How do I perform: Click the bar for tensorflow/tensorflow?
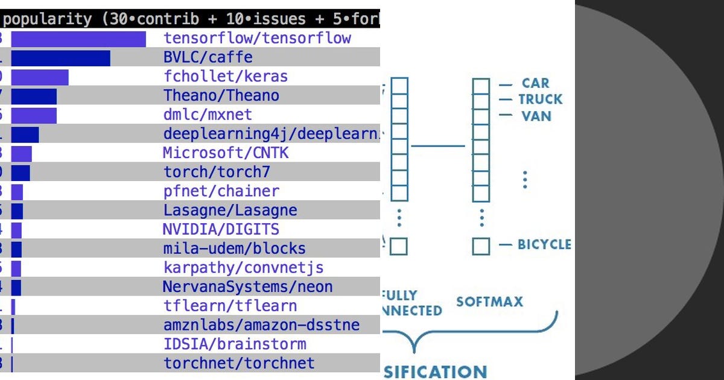[x=78, y=39]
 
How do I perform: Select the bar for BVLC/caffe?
[x=60, y=58]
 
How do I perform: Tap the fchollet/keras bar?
[x=40, y=77]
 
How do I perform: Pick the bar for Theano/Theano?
[x=34, y=96]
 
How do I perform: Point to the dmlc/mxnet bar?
[x=34, y=115]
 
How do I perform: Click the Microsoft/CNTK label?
[x=226, y=153]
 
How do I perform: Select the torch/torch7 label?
[x=217, y=173]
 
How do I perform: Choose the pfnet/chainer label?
[x=221, y=191]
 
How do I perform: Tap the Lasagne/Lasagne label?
[x=230, y=211]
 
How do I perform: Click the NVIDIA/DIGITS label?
[x=221, y=230]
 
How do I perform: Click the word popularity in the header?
[x=48, y=19]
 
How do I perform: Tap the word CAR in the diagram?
[x=536, y=83]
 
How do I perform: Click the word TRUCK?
[x=540, y=100]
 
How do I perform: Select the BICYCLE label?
[x=544, y=244]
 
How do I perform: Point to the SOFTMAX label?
[x=489, y=302]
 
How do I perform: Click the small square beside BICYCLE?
[x=481, y=246]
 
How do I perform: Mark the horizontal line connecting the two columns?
[x=437, y=145]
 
